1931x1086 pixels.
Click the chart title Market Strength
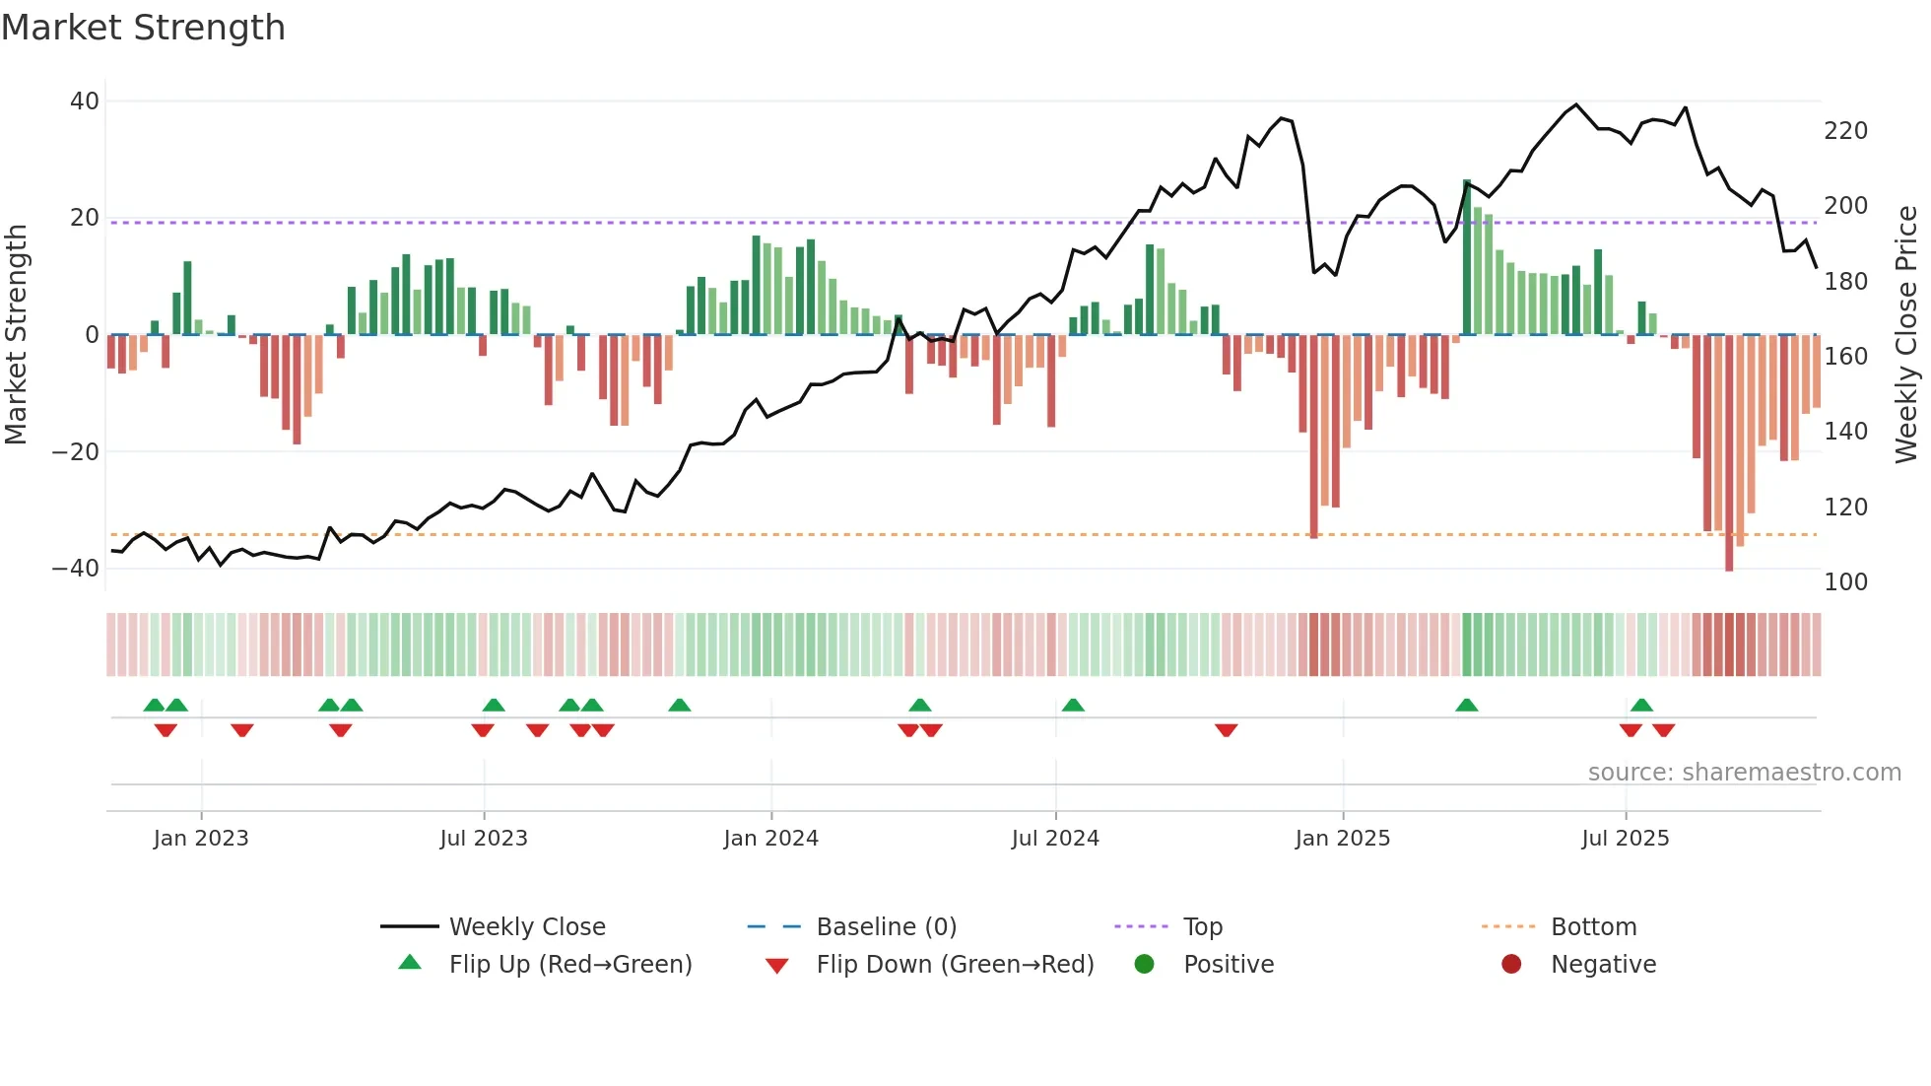(x=143, y=28)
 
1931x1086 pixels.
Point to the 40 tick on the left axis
(x=85, y=102)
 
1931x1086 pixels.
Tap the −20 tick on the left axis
(x=76, y=452)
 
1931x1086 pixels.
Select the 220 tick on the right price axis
(x=1845, y=131)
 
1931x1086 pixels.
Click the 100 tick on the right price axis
(x=1845, y=582)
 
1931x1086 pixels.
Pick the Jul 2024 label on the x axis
(x=1054, y=839)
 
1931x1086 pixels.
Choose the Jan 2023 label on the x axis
(x=201, y=839)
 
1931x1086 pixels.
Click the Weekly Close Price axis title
(x=1906, y=335)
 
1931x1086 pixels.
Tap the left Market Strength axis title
(x=16, y=335)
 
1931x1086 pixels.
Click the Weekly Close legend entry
(x=526, y=927)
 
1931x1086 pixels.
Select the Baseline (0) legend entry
(x=886, y=927)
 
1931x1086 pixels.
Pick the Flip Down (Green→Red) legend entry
(x=954, y=965)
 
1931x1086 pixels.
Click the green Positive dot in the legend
(x=1144, y=965)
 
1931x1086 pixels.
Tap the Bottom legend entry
(x=1593, y=927)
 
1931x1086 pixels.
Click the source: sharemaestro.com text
(x=1744, y=773)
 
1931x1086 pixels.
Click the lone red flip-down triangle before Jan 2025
(x=1226, y=730)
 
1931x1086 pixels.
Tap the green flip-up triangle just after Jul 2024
(x=1073, y=705)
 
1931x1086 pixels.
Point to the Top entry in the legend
(x=1202, y=927)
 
